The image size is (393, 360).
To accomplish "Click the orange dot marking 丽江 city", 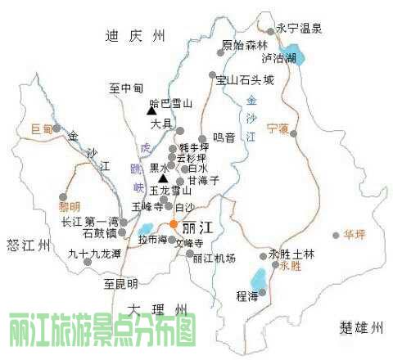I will [174, 223].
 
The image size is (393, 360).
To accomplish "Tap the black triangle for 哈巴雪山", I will [151, 109].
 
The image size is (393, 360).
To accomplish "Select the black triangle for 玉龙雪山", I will [163, 178].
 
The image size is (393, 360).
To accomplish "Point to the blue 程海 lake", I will [258, 278].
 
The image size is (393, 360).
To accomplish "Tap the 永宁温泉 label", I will [300, 28].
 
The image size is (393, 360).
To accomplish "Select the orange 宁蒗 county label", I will [278, 129].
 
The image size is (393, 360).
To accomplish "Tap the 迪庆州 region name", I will [136, 35].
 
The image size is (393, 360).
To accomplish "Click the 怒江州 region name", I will [27, 245].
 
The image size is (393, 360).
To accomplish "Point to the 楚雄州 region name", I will [361, 328].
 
